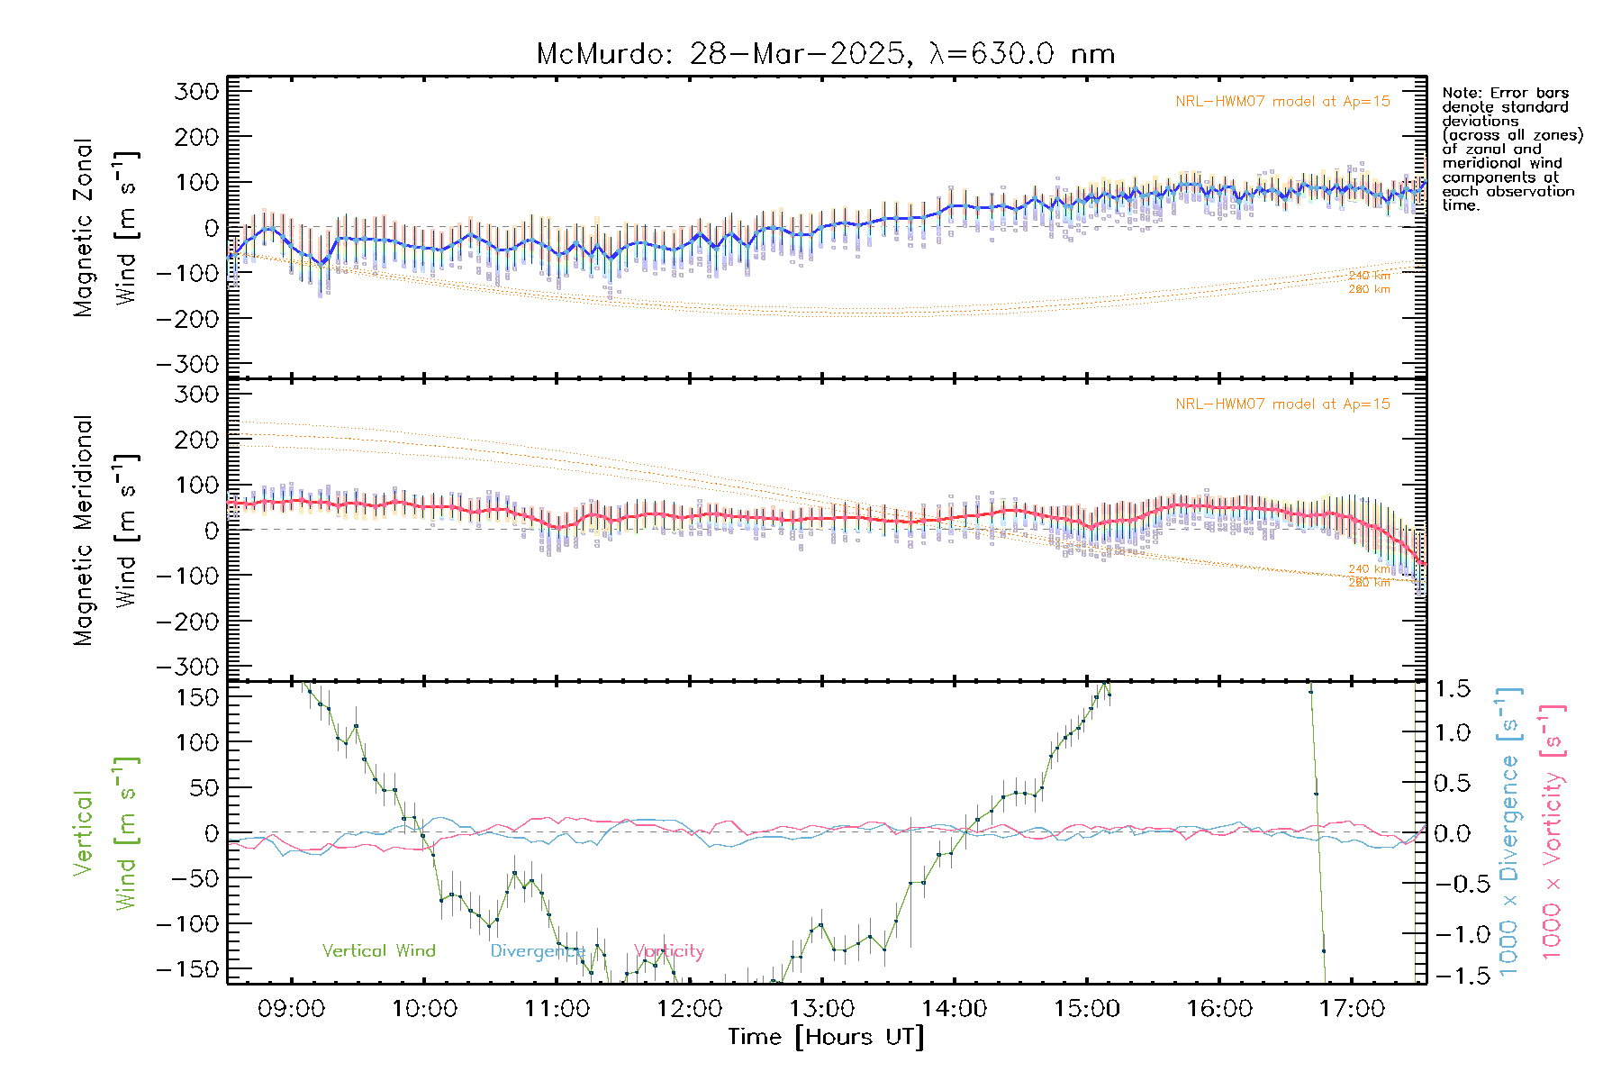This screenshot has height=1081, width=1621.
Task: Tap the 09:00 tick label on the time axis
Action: pyautogui.click(x=291, y=1009)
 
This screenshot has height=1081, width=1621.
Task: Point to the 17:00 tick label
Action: pyautogui.click(x=1352, y=1009)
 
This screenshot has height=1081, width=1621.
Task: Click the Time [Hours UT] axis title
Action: pyautogui.click(x=826, y=1037)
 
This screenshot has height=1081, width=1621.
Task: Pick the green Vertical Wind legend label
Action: pyautogui.click(x=378, y=950)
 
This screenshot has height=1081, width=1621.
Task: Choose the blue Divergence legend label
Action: pyautogui.click(x=537, y=951)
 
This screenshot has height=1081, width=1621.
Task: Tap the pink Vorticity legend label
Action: pyautogui.click(x=668, y=950)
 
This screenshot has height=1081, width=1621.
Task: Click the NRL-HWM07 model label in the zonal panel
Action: pyautogui.click(x=1282, y=102)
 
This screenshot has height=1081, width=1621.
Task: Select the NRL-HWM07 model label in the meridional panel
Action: pyautogui.click(x=1282, y=404)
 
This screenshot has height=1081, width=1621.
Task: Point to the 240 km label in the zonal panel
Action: pyautogui.click(x=1369, y=276)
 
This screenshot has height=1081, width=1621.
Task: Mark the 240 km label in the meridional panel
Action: pyautogui.click(x=1369, y=569)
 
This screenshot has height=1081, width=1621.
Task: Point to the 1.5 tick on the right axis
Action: pyautogui.click(x=1452, y=689)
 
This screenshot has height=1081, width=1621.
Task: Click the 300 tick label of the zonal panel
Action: pyautogui.click(x=196, y=91)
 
